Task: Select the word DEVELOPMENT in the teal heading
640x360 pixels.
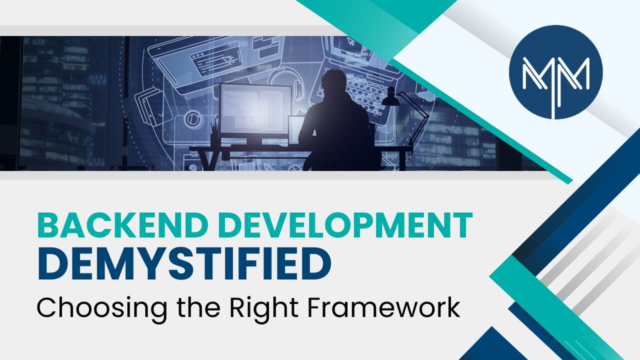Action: [x=346, y=224]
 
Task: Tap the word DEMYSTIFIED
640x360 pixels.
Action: [x=184, y=264]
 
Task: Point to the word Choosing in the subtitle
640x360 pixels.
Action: [x=102, y=309]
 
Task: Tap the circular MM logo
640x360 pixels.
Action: [x=555, y=72]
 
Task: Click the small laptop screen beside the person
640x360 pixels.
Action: [x=295, y=130]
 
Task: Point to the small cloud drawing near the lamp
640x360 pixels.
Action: [x=425, y=95]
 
